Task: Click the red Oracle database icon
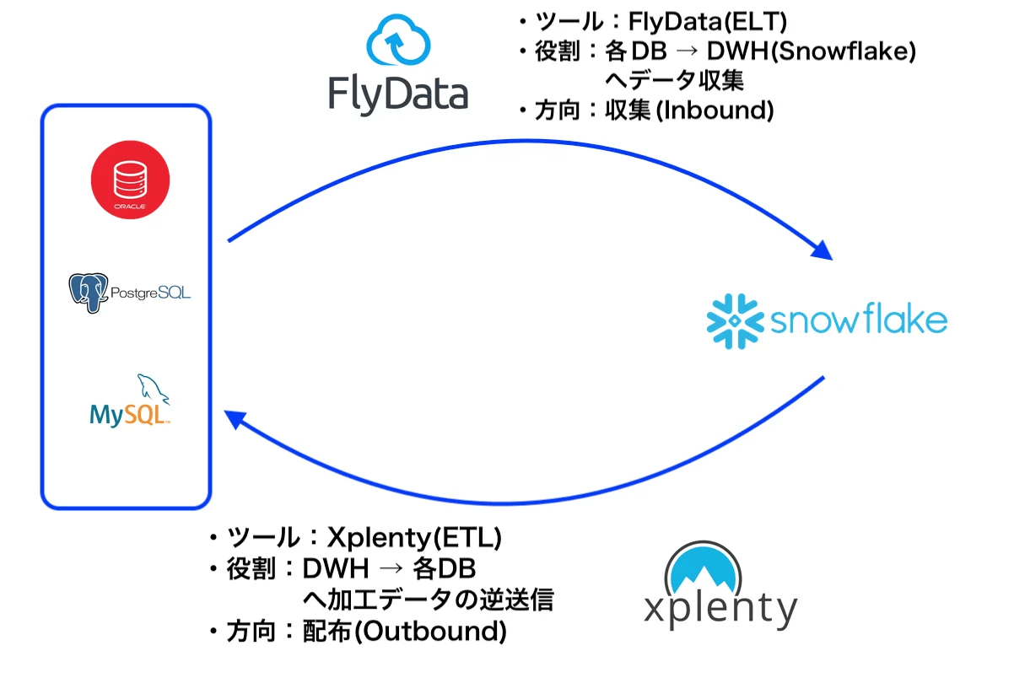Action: click(131, 180)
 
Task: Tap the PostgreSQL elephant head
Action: click(89, 293)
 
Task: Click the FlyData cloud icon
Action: click(398, 40)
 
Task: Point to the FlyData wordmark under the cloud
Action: click(398, 95)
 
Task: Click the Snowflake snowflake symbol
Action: click(735, 321)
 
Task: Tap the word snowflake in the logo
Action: click(859, 320)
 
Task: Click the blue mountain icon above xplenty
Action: click(703, 568)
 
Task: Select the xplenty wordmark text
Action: click(720, 609)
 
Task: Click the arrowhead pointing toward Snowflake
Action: click(823, 250)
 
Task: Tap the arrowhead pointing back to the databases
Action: click(235, 419)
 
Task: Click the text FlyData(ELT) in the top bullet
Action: click(708, 22)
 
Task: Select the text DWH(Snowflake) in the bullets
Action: click(812, 51)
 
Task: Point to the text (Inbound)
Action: click(715, 110)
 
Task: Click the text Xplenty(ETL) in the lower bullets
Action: click(414, 537)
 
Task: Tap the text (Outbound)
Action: click(430, 632)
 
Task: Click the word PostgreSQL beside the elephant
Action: click(150, 293)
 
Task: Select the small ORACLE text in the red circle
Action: click(130, 207)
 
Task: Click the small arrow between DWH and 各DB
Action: click(391, 568)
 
